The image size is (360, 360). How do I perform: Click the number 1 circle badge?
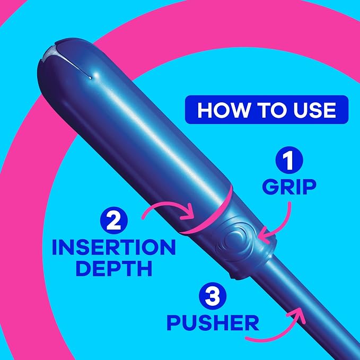[x=289, y=160]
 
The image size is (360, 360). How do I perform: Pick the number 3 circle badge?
[x=213, y=296]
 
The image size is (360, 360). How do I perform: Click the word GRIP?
[x=289, y=187]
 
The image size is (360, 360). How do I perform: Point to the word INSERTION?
[x=114, y=247]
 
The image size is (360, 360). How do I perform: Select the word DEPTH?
[x=114, y=268]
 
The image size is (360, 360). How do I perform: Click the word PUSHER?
[x=213, y=322]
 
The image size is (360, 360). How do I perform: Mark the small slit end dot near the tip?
[x=90, y=78]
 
